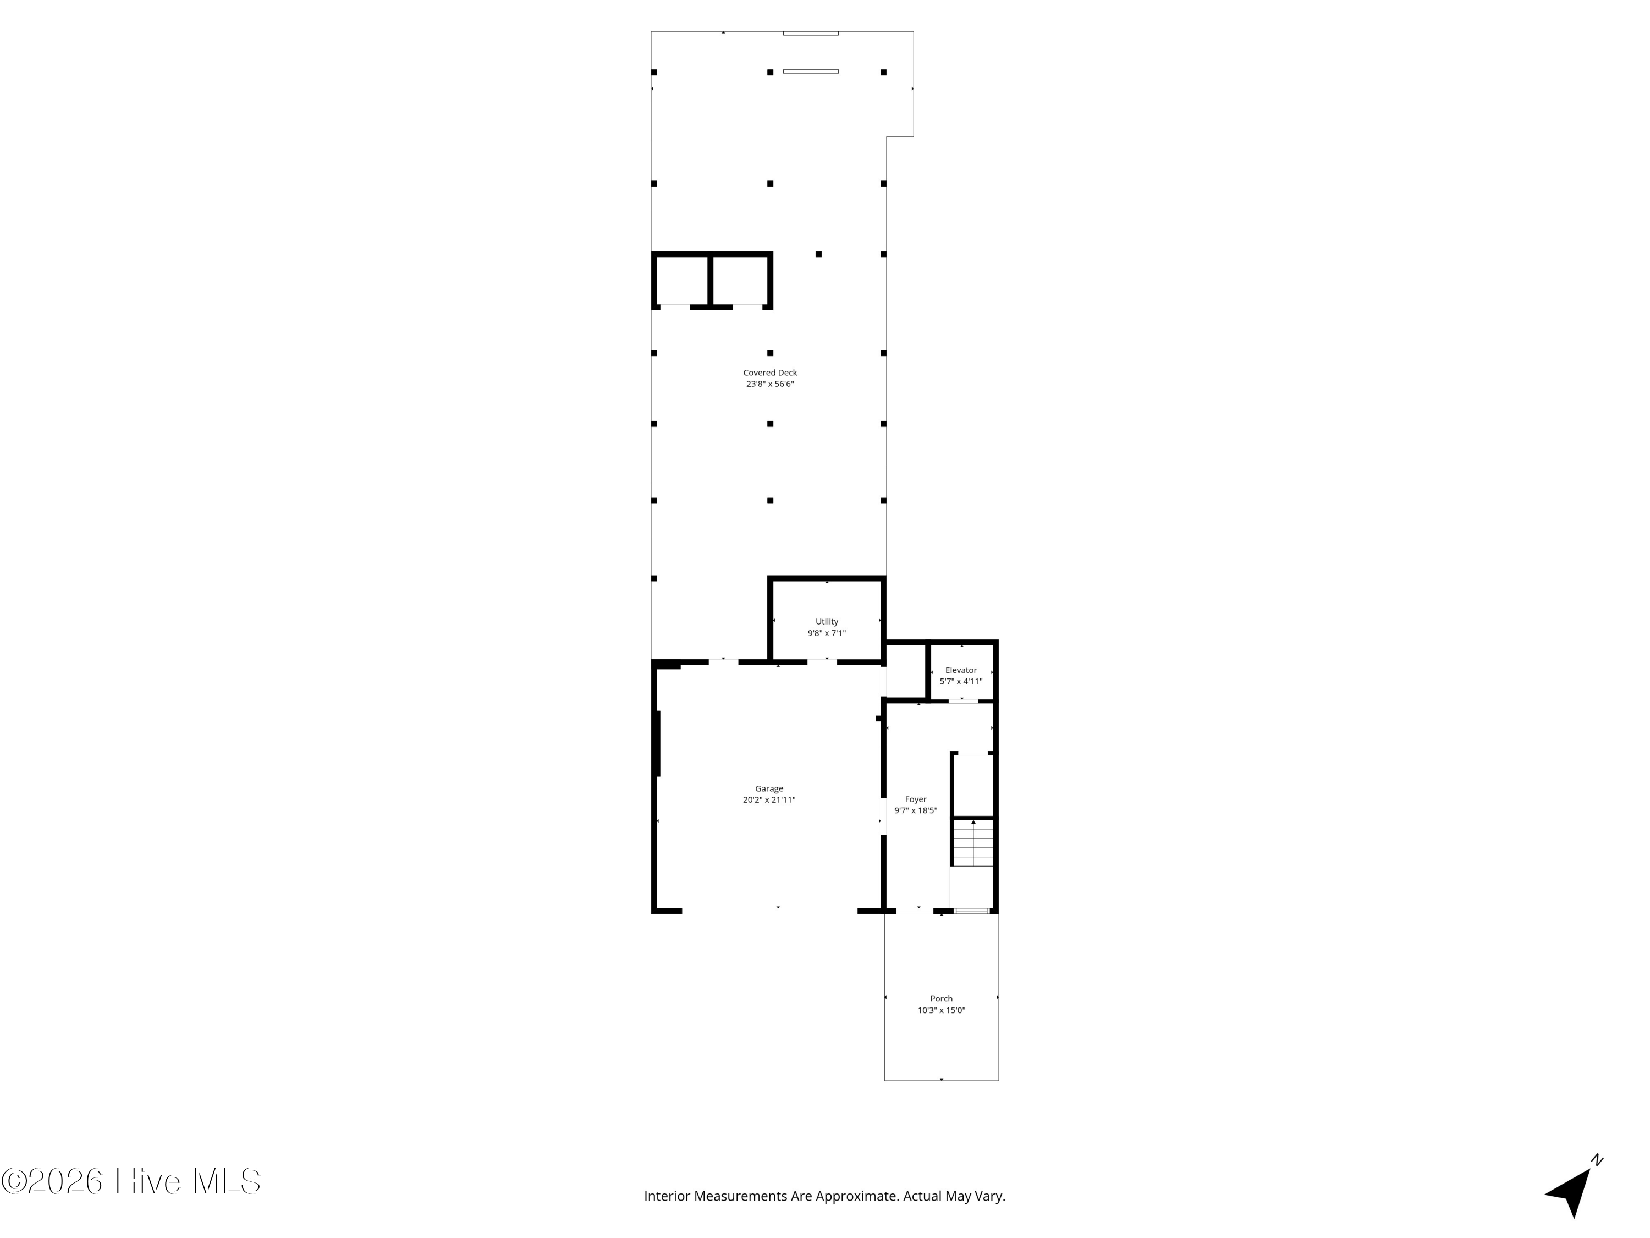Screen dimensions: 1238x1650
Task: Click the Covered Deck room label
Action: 770,373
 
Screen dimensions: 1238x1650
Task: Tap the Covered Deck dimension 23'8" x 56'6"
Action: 770,384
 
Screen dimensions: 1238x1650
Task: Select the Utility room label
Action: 827,622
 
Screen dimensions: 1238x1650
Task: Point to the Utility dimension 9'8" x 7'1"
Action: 827,633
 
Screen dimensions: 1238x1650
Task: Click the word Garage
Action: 769,789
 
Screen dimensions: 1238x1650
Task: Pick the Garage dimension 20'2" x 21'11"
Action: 769,800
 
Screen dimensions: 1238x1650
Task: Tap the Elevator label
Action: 961,670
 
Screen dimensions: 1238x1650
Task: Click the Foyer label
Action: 915,799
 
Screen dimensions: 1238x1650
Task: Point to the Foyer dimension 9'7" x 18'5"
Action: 915,811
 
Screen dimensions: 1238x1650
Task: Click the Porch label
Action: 942,999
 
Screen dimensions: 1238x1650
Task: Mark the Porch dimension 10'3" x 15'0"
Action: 942,1010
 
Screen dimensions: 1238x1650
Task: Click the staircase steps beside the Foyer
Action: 974,844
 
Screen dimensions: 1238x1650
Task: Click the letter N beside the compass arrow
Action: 1597,1160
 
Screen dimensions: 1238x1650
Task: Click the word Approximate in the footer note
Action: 856,1196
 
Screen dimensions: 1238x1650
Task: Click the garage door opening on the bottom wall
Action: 769,911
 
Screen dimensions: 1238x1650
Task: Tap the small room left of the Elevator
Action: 905,671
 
